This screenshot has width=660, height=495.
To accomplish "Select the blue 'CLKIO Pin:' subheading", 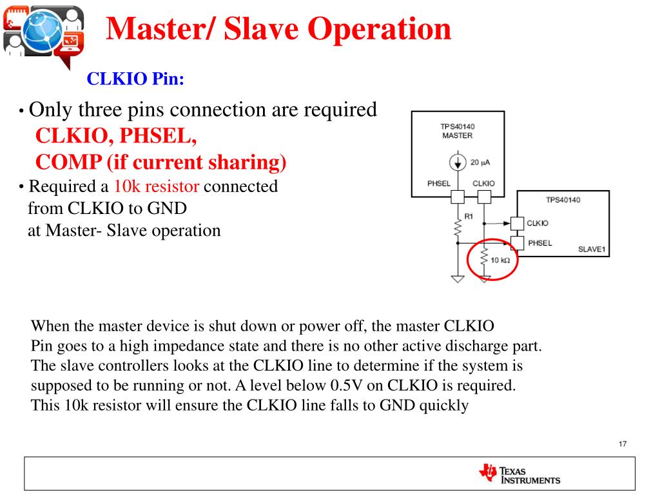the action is (135, 79).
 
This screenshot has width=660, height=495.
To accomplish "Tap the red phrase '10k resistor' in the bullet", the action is (157, 187).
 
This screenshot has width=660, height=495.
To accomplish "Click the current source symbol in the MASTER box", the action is (458, 163).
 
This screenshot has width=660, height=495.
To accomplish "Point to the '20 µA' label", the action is (480, 162).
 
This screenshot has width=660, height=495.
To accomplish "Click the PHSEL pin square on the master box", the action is (458, 197).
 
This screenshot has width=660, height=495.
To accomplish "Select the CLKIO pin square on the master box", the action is (484, 197).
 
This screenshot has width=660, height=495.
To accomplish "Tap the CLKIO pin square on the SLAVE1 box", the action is (518, 223).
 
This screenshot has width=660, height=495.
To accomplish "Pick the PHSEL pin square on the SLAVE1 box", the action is (518, 243).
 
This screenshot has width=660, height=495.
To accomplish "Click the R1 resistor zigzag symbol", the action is (458, 228).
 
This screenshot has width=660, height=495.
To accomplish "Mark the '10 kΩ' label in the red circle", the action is (500, 260).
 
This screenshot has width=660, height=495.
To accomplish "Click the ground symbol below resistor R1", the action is (458, 279).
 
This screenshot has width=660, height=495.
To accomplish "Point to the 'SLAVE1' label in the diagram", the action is (592, 249).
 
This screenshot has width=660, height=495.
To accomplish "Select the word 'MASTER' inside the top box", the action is (457, 135).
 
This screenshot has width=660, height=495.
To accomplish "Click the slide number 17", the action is (622, 444).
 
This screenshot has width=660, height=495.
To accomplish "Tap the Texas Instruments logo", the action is (519, 474).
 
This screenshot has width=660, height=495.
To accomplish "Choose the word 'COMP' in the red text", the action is (61, 162).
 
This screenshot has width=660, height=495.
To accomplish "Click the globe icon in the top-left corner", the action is (43, 30).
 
